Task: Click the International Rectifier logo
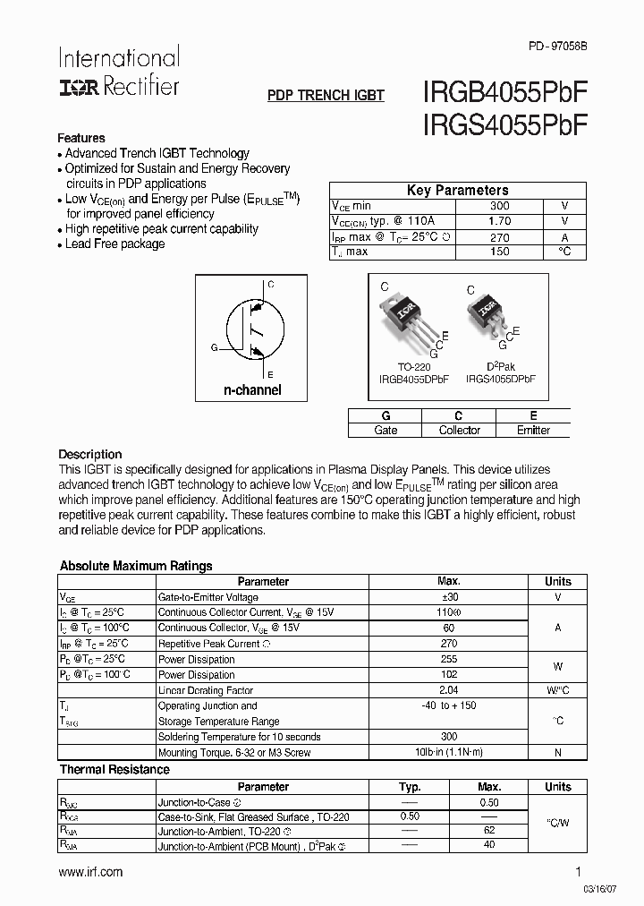[x=118, y=72]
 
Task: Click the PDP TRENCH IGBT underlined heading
[x=326, y=95]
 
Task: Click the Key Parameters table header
[x=457, y=190]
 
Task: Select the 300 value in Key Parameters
[x=500, y=206]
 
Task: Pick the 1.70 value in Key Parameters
[x=500, y=221]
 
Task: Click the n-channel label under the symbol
[x=252, y=389]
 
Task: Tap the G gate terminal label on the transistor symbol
[x=214, y=346]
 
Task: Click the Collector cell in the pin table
[x=459, y=431]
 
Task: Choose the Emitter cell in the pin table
[x=533, y=431]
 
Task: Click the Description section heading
[x=89, y=454]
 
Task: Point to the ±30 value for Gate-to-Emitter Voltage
[x=449, y=597]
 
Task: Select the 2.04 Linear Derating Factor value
[x=449, y=690]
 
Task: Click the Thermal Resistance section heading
[x=114, y=769]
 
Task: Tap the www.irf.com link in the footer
[x=90, y=872]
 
